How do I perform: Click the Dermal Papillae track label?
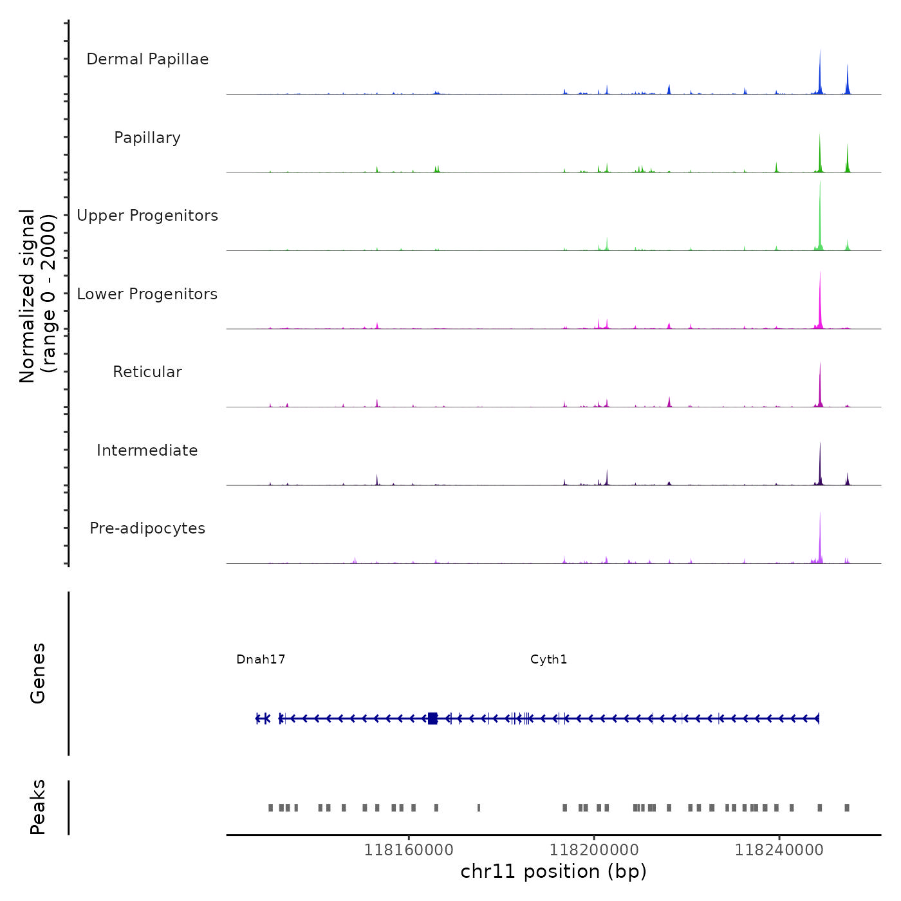(147, 59)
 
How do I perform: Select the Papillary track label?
(147, 138)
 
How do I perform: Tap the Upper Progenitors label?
(147, 216)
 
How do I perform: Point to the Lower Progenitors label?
(147, 294)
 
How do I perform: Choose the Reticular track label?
(147, 372)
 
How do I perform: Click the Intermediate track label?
(147, 450)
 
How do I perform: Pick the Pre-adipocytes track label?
(147, 528)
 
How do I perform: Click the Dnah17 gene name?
(261, 659)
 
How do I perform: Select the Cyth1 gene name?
(549, 659)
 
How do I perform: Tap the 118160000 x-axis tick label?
(409, 850)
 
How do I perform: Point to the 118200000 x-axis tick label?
(594, 850)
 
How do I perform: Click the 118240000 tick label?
(779, 850)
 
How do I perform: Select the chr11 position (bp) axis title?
(553, 871)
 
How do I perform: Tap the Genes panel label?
(38, 673)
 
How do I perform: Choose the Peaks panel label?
(38, 807)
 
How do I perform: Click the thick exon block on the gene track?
(432, 718)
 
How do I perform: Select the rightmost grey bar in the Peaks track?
(847, 808)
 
